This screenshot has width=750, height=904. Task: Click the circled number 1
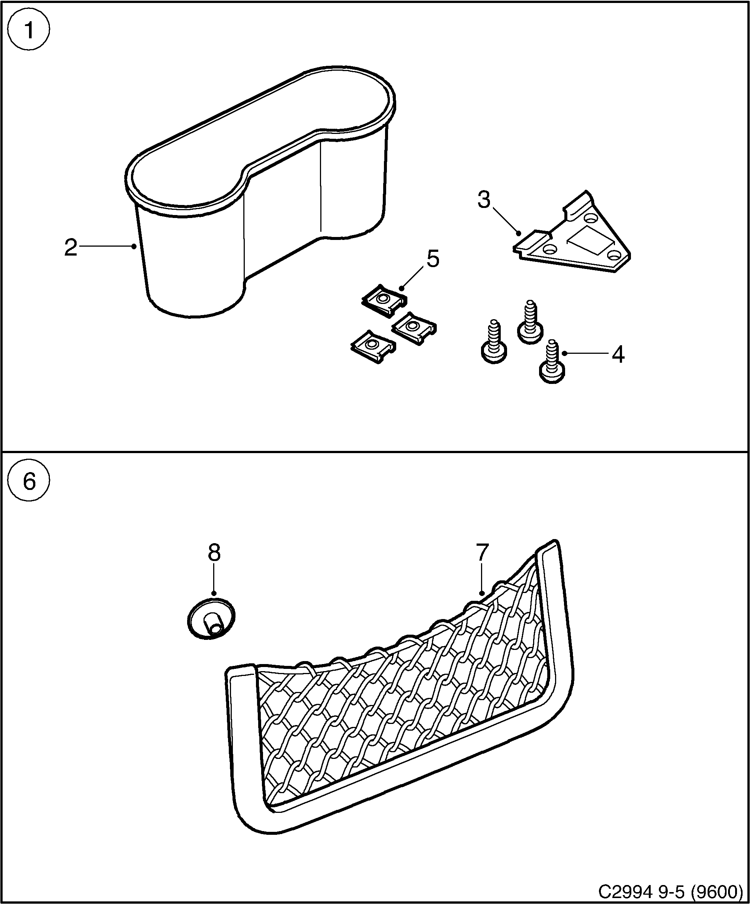coord(29,31)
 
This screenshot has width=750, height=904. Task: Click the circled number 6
coord(29,481)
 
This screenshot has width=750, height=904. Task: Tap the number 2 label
coord(71,249)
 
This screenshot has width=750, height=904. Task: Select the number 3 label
coord(484,200)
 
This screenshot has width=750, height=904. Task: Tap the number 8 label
coord(214,553)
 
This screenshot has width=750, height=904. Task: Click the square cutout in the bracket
coord(589,241)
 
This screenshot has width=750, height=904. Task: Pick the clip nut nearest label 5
coord(384,301)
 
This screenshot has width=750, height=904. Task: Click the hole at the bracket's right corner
coord(613,256)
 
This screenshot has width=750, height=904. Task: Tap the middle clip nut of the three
coord(414,328)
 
